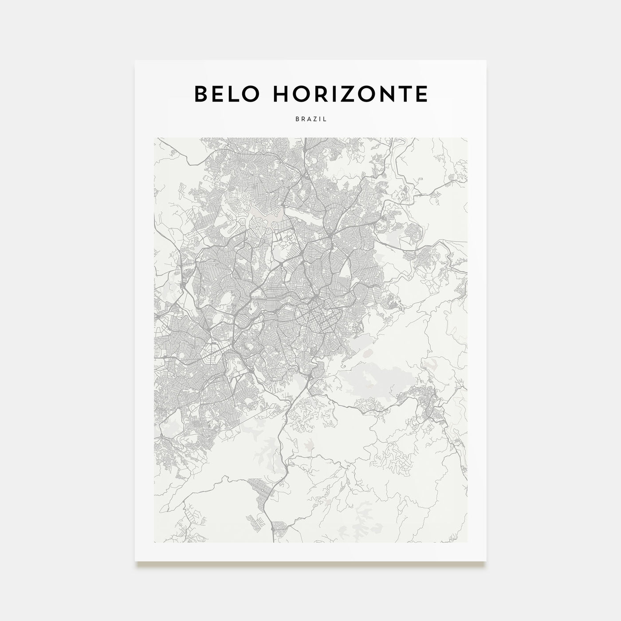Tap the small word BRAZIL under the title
[x=310, y=119]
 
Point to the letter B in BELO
[x=200, y=94]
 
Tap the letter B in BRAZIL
[x=296, y=119]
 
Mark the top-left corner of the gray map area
[x=154, y=138]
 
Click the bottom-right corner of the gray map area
[x=467, y=542]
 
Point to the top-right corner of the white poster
[x=486, y=61]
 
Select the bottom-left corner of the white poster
[x=135, y=561]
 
